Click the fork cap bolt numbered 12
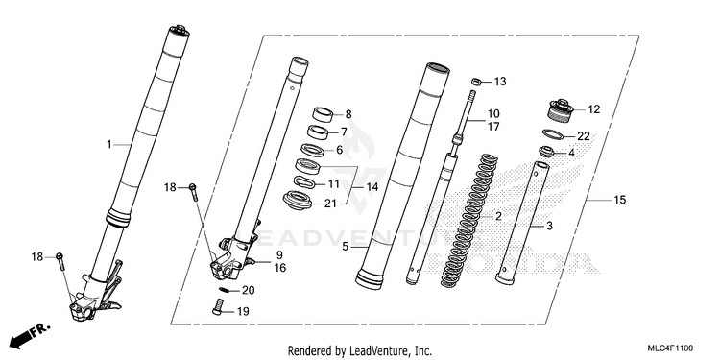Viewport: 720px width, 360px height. (x=562, y=111)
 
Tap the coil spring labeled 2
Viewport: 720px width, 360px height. (x=469, y=222)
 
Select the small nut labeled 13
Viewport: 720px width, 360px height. (x=477, y=82)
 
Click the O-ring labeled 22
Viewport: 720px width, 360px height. (x=554, y=135)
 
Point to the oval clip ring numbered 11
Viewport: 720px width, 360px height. (x=304, y=181)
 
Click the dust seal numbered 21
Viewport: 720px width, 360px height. (x=297, y=201)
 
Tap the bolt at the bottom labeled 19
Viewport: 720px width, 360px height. (x=218, y=306)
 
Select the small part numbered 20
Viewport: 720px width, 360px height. (x=224, y=289)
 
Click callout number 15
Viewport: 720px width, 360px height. (x=620, y=200)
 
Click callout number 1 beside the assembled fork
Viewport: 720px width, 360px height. (x=108, y=145)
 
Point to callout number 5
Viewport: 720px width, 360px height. (x=346, y=247)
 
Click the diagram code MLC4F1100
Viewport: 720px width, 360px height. (x=670, y=348)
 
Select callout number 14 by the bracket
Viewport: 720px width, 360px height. (x=372, y=187)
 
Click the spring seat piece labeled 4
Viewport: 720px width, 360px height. (x=547, y=151)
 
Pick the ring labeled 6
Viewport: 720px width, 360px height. (x=312, y=149)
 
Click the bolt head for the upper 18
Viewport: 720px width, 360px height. (x=192, y=186)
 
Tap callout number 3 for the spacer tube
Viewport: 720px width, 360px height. (x=549, y=226)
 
